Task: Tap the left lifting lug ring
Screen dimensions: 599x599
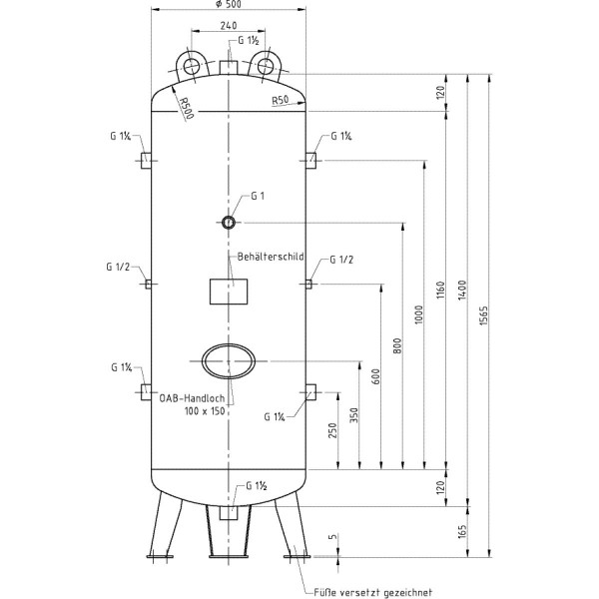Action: (x=190, y=66)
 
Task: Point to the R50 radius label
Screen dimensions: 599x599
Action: (x=280, y=101)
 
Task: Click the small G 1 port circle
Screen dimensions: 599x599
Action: (x=229, y=222)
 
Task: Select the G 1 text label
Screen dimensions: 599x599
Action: (x=258, y=196)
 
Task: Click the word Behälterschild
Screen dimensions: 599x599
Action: (x=270, y=257)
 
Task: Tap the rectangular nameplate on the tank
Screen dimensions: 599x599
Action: (x=228, y=292)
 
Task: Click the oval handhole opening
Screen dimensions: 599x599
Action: (x=229, y=361)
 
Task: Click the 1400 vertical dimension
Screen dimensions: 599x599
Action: (x=462, y=289)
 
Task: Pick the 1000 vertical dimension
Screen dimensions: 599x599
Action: (x=419, y=314)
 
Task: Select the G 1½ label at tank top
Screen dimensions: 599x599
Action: (x=250, y=41)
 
